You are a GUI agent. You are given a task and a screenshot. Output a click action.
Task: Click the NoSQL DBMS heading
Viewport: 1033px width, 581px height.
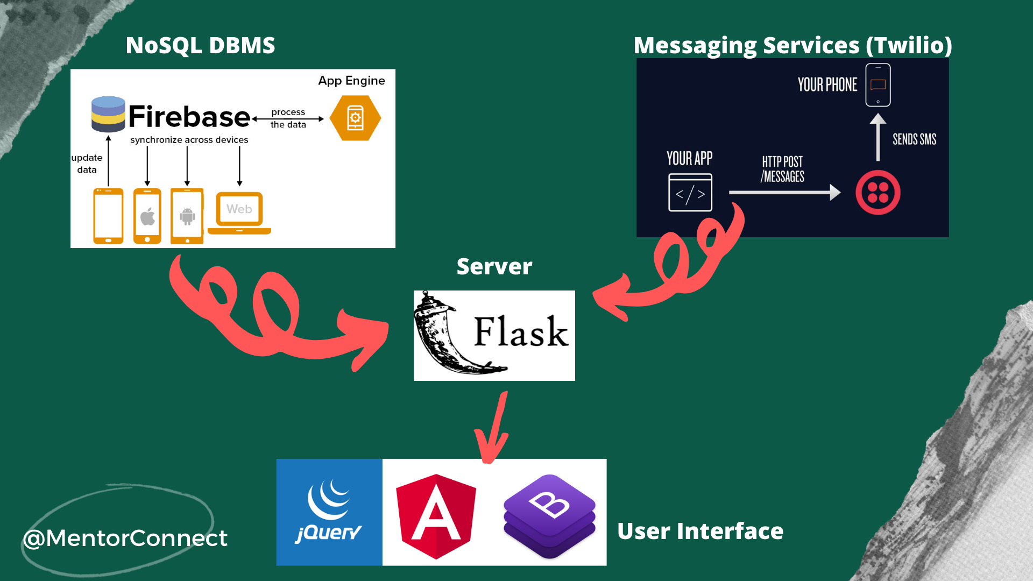click(200, 46)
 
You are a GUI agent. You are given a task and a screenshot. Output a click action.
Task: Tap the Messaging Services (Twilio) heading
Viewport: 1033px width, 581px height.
click(793, 46)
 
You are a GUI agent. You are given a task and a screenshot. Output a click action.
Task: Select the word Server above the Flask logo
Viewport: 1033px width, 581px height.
click(494, 267)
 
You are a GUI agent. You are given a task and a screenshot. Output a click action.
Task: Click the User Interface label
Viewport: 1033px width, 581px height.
click(700, 532)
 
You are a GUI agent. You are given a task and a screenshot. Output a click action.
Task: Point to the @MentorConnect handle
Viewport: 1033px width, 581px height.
click(125, 539)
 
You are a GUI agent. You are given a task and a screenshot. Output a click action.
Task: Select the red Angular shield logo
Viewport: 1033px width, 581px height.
click(436, 515)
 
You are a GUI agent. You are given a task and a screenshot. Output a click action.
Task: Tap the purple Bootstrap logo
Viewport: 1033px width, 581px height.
click(549, 515)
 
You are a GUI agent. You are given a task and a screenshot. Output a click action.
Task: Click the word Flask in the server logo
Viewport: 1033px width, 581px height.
click(521, 332)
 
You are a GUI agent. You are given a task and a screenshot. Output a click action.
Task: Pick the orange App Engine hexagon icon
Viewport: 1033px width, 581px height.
click(355, 118)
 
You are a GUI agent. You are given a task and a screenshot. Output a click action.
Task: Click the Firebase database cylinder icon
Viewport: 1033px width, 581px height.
click(108, 114)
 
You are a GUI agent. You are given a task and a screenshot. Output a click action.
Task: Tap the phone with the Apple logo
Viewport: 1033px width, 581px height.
click(147, 216)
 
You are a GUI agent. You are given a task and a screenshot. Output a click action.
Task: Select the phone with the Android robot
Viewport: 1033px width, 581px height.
click(187, 216)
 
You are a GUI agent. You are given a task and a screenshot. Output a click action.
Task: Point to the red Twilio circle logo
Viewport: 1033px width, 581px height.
click(878, 193)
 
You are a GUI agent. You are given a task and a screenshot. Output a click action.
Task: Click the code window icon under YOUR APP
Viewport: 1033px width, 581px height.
click(690, 193)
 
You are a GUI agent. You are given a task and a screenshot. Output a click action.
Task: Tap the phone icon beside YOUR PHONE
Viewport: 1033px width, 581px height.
click(878, 85)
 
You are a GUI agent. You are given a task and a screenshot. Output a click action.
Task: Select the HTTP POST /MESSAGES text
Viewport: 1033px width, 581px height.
click(782, 169)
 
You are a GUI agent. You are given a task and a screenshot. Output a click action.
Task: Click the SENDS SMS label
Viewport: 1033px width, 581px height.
click(914, 139)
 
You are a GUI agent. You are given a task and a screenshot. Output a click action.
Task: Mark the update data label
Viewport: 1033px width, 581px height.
click(87, 164)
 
